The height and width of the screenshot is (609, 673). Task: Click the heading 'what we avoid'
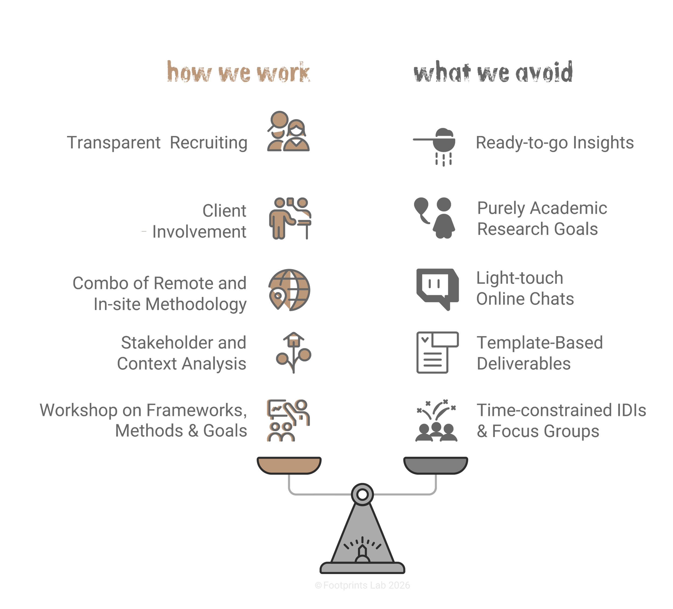coord(493,72)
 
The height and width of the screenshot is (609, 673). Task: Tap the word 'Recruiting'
coord(208,143)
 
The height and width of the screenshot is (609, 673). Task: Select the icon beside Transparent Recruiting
coord(288,132)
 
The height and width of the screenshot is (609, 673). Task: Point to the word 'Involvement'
coord(199,232)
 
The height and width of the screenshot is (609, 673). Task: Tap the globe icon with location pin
coord(289,290)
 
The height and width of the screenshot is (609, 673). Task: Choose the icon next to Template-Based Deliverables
coord(437,352)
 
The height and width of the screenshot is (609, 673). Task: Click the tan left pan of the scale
coord(289,465)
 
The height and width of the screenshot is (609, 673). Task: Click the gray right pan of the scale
coord(436,465)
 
